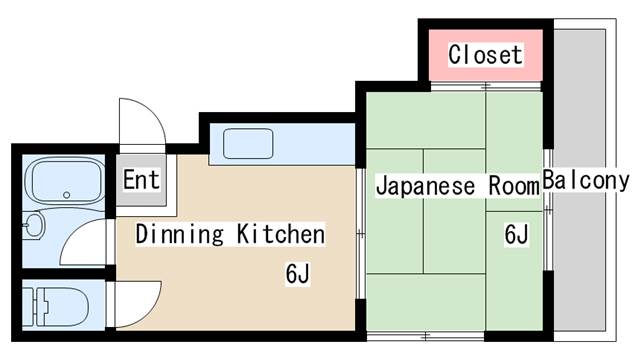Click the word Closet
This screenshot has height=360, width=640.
pos(485,54)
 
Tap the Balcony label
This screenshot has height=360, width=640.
pos(586,182)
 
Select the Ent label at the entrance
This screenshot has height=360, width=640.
pos(141,181)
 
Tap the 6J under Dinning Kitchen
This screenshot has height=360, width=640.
pos(297,272)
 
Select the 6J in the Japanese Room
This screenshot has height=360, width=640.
pos(516,235)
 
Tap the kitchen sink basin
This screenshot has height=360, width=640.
pos(246,145)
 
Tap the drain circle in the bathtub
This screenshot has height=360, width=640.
pos(66,195)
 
